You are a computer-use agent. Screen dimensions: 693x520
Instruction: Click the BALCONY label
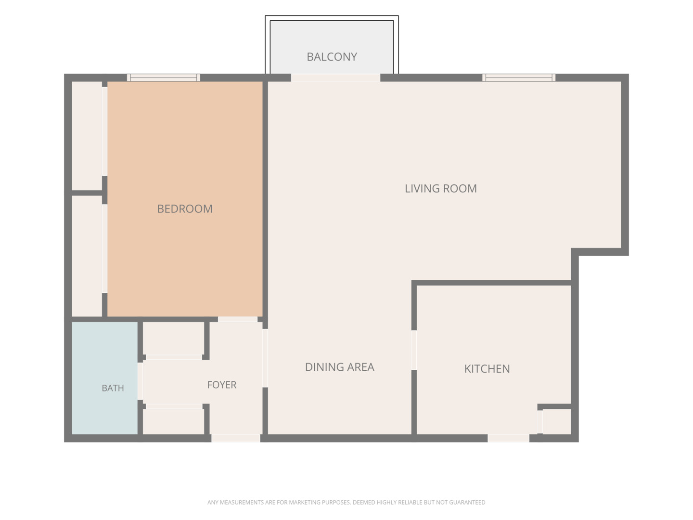(x=332, y=57)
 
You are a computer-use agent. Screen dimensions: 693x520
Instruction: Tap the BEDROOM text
(x=185, y=208)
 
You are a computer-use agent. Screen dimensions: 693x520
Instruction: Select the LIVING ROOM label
(x=441, y=188)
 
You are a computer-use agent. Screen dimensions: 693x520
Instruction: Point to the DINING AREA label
(x=340, y=367)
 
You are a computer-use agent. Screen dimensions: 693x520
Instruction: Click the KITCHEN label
(x=487, y=369)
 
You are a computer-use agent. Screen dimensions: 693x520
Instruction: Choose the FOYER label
(x=222, y=385)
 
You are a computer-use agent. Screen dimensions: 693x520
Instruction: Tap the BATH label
(x=113, y=388)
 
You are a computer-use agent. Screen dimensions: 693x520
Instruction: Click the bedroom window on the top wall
(x=164, y=78)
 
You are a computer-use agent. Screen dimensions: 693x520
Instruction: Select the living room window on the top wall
(x=519, y=78)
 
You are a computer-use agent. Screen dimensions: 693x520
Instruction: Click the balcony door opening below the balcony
(x=335, y=78)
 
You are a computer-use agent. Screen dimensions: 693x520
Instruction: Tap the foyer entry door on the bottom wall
(x=236, y=438)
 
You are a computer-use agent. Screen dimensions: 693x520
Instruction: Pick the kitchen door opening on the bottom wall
(x=508, y=438)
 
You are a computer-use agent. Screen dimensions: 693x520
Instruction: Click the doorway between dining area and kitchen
(x=414, y=350)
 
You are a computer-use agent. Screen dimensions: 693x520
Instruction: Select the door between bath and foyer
(x=140, y=381)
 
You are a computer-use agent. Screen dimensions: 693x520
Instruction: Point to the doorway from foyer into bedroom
(x=238, y=320)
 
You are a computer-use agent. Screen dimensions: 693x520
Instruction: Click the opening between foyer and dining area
(x=265, y=358)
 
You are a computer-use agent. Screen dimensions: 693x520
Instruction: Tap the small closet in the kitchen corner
(x=557, y=422)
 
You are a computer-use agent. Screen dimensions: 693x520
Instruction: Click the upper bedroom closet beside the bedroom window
(x=87, y=136)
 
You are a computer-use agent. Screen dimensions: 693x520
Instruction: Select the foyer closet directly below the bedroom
(x=173, y=338)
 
